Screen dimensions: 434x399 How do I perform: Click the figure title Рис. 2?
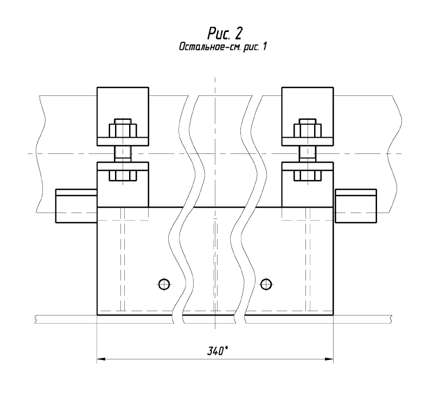[x=225, y=34]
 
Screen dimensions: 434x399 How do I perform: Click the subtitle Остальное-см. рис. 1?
[x=223, y=47]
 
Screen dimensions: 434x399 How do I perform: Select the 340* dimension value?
[x=218, y=351]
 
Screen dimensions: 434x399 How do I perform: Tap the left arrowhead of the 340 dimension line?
[x=101, y=359]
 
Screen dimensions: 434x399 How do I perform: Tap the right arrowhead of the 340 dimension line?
[x=329, y=359]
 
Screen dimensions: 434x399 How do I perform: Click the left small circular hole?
[x=164, y=284]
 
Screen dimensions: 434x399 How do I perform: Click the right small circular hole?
[x=266, y=284]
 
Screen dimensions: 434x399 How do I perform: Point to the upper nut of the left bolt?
[x=123, y=131]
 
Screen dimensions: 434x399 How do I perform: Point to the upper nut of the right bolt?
[x=308, y=131]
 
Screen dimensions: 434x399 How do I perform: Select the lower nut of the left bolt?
[x=123, y=176]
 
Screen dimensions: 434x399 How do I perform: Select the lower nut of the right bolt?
[x=308, y=176]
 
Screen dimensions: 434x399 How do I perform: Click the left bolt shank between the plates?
[x=123, y=154]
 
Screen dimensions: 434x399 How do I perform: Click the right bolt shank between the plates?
[x=308, y=154]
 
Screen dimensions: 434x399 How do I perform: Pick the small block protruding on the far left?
[x=76, y=206]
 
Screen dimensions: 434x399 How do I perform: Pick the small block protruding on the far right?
[x=356, y=206]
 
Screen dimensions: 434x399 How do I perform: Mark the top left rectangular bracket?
[x=123, y=117]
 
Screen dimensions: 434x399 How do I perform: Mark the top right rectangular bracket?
[x=308, y=117]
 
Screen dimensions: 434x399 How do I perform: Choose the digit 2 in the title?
[x=238, y=34]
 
